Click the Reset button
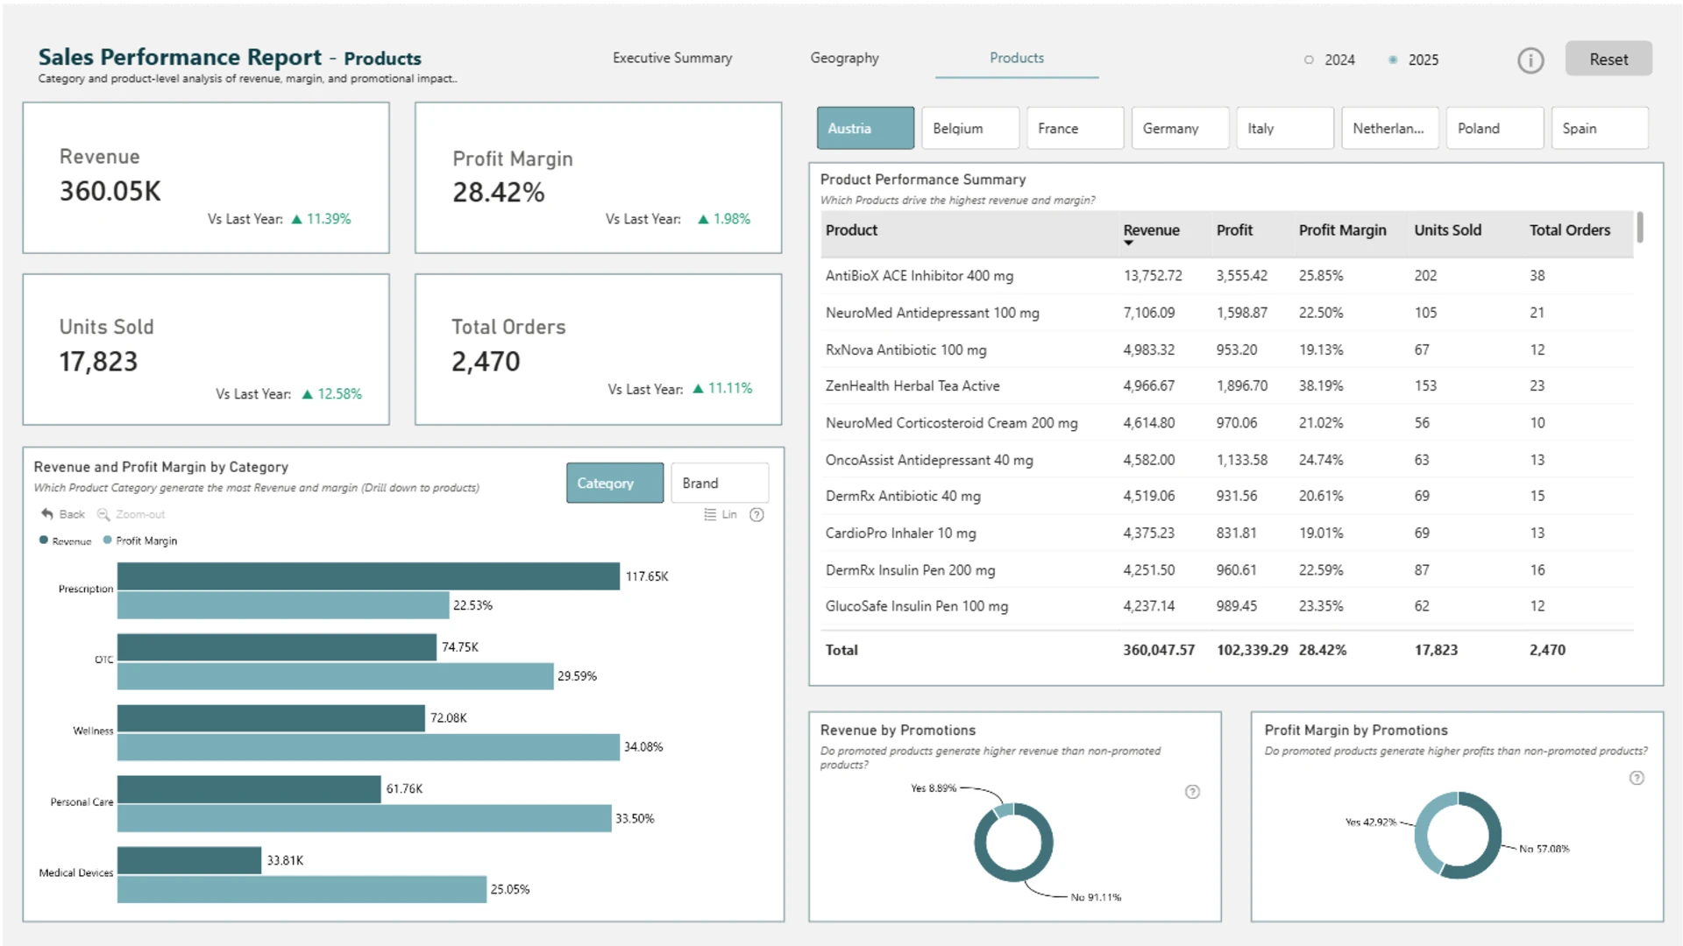pyautogui.click(x=1608, y=59)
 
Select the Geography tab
pyautogui.click(x=844, y=58)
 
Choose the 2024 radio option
pyautogui.click(x=1330, y=60)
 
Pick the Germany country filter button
pyautogui.click(x=1180, y=128)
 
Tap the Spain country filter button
pyautogui.click(x=1600, y=128)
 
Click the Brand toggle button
pyautogui.click(x=720, y=483)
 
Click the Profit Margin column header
pyautogui.click(x=1342, y=229)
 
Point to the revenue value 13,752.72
pyautogui.click(x=1153, y=275)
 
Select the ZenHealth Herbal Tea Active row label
pyautogui.click(x=913, y=385)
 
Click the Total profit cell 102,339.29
pyautogui.click(x=1252, y=650)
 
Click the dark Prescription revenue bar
pyautogui.click(x=368, y=575)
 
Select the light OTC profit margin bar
pyautogui.click(x=335, y=676)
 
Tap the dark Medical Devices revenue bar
pyautogui.click(x=189, y=860)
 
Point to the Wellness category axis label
pyautogui.click(x=93, y=731)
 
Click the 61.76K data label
pyautogui.click(x=404, y=789)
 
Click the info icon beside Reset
pyautogui.click(x=1530, y=60)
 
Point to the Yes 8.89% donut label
pyautogui.click(x=934, y=788)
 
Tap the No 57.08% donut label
pyautogui.click(x=1545, y=849)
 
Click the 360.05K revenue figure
pyautogui.click(x=110, y=191)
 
